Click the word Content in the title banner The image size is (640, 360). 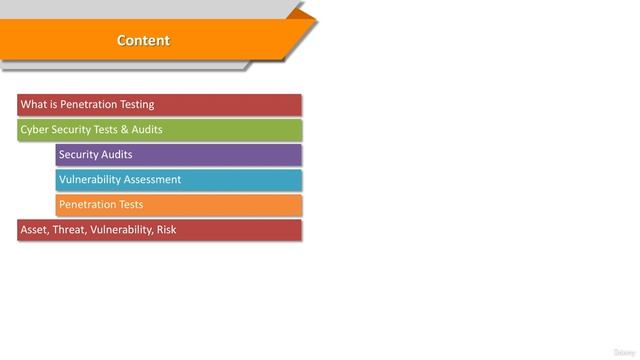tap(143, 41)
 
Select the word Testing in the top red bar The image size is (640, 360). tap(135, 105)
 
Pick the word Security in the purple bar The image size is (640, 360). tap(79, 155)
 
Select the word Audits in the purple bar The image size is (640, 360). tap(117, 155)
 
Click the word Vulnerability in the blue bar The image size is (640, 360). tap(90, 180)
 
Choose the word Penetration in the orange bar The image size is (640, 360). tap(88, 205)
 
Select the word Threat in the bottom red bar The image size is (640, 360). tap(69, 230)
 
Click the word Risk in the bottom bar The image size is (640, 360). tap(166, 230)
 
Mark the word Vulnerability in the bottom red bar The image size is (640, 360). tap(121, 230)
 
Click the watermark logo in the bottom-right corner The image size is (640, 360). tap(622, 351)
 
